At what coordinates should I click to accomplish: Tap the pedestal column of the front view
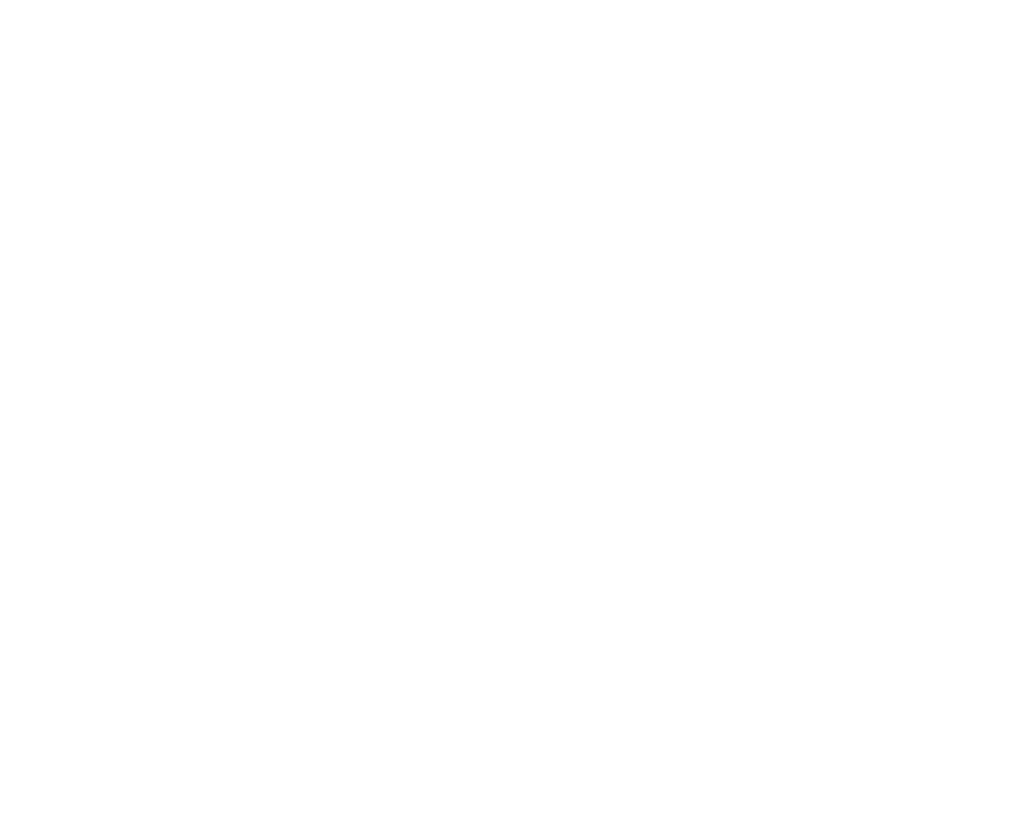pos(247,286)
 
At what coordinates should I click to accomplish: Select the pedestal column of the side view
pos(622,286)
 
